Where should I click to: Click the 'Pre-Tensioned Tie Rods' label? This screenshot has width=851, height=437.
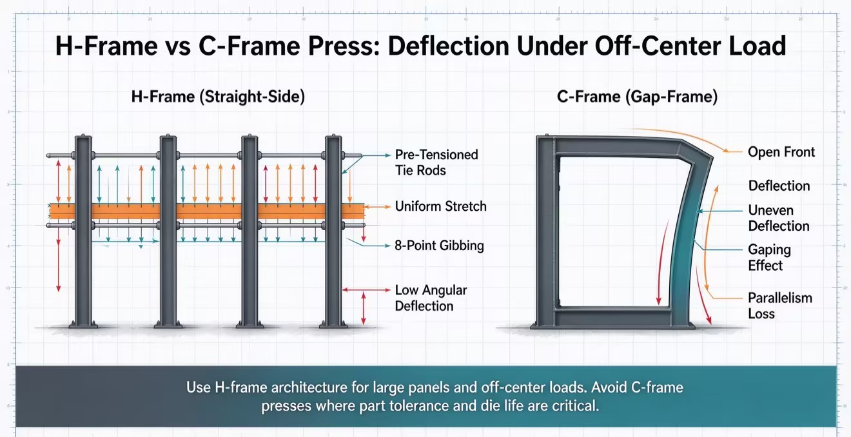(436, 162)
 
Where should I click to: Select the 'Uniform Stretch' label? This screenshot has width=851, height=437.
(441, 206)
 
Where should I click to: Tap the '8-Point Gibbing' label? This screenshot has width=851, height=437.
(439, 246)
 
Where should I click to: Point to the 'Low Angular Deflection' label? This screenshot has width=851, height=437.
(431, 298)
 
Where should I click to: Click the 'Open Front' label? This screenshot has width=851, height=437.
(781, 152)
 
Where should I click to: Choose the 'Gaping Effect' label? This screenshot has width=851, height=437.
(769, 257)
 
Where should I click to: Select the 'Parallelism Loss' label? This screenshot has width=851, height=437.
(780, 306)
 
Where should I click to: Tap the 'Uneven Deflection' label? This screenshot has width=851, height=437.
(779, 218)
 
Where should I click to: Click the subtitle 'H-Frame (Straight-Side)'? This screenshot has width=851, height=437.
(218, 97)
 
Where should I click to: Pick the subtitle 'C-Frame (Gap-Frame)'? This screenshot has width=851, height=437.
(637, 97)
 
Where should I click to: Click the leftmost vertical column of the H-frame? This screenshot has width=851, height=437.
(83, 231)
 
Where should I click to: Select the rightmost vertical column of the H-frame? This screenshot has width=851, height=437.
(333, 231)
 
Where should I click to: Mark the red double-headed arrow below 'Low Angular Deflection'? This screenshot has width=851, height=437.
(364, 308)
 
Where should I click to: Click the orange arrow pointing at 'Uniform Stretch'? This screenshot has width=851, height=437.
(378, 207)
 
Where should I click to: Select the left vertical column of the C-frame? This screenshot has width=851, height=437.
(545, 231)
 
